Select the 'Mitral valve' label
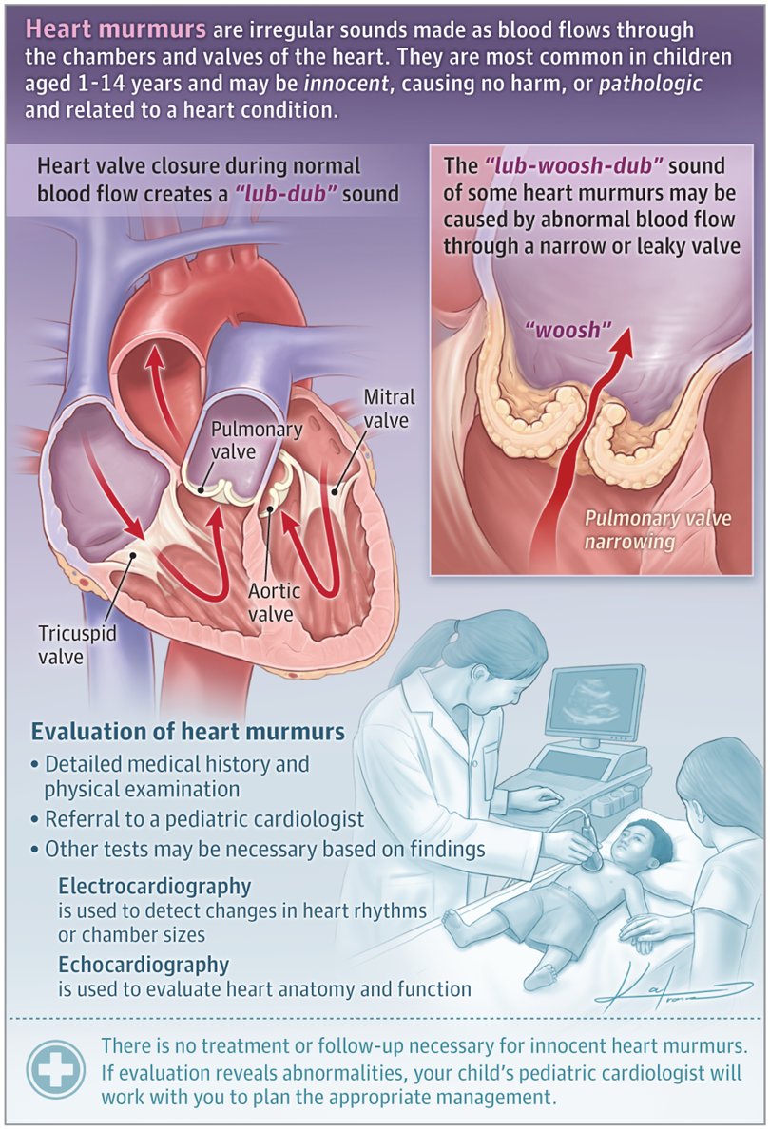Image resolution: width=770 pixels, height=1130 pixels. pyautogui.click(x=389, y=407)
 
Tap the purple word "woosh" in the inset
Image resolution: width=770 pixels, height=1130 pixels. pyautogui.click(x=566, y=332)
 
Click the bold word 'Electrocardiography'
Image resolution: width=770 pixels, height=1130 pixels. pyautogui.click(x=154, y=886)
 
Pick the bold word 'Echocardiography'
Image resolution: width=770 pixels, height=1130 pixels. pyautogui.click(x=144, y=965)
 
